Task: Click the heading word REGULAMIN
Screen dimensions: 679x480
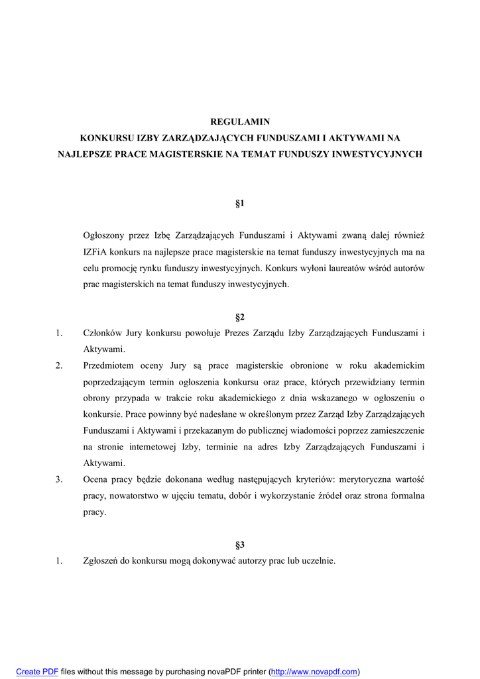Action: click(x=240, y=122)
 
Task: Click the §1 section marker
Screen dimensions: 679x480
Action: click(x=240, y=204)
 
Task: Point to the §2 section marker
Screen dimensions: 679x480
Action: click(x=240, y=318)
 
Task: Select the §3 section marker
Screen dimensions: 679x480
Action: click(x=240, y=545)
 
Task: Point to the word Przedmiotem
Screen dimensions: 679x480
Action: click(x=109, y=365)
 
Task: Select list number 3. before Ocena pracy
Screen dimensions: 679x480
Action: click(x=59, y=479)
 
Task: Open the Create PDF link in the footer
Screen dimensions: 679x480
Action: click(x=37, y=672)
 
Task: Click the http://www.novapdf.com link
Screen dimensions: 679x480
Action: click(x=314, y=672)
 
